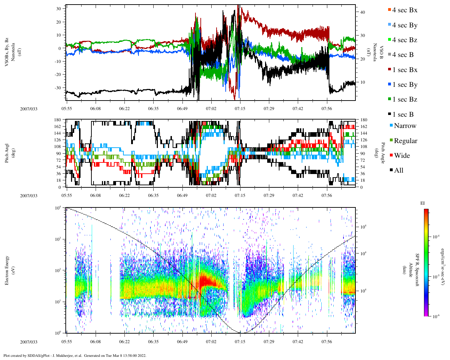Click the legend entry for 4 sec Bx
[x=404, y=10]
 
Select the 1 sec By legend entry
[x=404, y=85]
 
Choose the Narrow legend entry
[x=405, y=126]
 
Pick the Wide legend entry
[x=401, y=156]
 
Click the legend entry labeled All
[x=398, y=171]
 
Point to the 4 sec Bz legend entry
[x=404, y=40]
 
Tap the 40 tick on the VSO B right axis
[x=362, y=12]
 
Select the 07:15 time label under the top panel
[x=240, y=109]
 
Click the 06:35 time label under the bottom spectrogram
[x=153, y=342]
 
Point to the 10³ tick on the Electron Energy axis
[x=58, y=239]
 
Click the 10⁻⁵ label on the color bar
[x=436, y=277]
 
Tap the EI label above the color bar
[x=423, y=203]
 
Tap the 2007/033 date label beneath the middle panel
[x=28, y=196]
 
